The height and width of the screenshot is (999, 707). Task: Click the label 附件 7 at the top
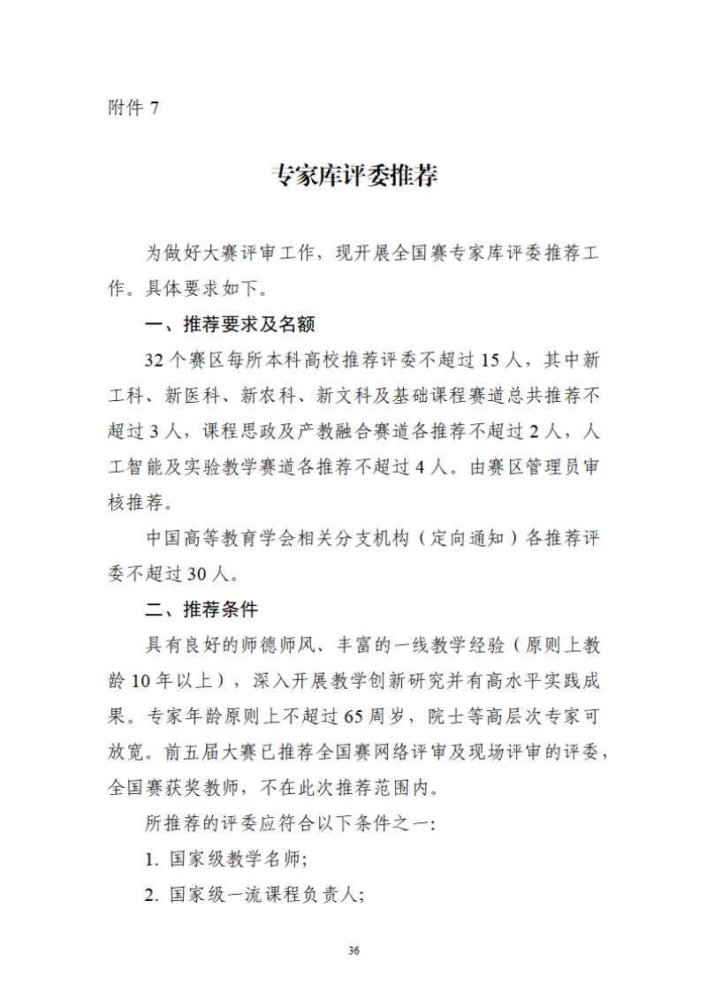click(133, 108)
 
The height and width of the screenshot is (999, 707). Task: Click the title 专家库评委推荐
click(353, 176)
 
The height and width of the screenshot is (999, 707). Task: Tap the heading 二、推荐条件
click(201, 609)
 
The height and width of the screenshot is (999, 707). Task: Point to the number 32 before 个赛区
click(156, 359)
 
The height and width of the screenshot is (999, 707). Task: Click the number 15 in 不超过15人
click(494, 359)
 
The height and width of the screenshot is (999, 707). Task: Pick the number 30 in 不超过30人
click(197, 574)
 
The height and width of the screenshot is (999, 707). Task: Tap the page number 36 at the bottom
click(353, 950)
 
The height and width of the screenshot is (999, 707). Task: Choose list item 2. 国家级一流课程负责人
click(255, 895)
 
